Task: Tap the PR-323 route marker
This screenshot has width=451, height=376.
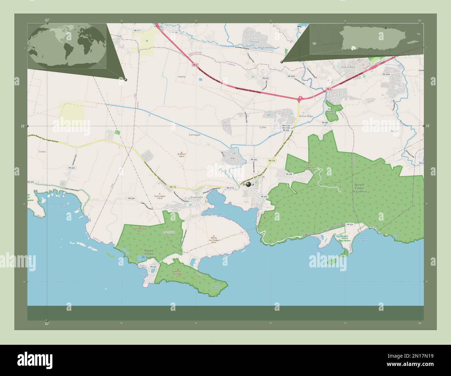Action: pyautogui.click(x=72, y=168)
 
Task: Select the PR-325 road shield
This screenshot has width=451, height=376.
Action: pyautogui.click(x=153, y=266)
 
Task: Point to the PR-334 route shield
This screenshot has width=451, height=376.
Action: pyautogui.click(x=289, y=174)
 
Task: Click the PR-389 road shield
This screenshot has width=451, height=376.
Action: pyautogui.click(x=325, y=122)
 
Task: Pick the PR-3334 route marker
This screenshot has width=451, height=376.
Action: pyautogui.click(x=386, y=74)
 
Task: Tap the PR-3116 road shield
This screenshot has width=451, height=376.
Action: pyautogui.click(x=230, y=188)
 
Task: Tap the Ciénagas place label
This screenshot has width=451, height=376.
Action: pyautogui.click(x=194, y=135)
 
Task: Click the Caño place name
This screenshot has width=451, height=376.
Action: pyautogui.click(x=263, y=127)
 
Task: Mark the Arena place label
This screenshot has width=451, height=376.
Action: pyautogui.click(x=181, y=76)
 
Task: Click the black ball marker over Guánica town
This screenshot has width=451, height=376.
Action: pyautogui.click(x=248, y=184)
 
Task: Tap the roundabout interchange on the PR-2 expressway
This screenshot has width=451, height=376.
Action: pyautogui.click(x=300, y=98)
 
